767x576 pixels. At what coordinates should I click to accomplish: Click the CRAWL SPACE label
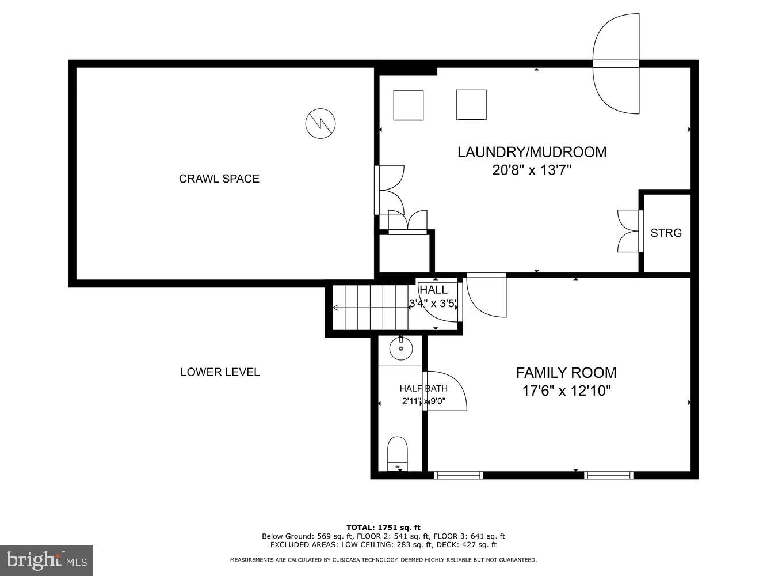click(219, 179)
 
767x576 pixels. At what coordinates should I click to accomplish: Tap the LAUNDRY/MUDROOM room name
click(532, 152)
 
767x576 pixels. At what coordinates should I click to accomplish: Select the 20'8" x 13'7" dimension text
click(532, 170)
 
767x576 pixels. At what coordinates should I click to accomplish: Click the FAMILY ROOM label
click(566, 373)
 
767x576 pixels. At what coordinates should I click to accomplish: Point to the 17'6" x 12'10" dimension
click(566, 391)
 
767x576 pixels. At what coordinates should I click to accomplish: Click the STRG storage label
click(666, 233)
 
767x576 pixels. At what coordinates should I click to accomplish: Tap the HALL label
click(433, 290)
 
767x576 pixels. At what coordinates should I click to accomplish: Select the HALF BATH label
click(423, 388)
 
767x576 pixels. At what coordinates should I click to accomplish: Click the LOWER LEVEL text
click(220, 372)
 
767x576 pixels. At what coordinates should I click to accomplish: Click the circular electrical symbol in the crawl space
click(320, 123)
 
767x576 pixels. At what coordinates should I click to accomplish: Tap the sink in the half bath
click(400, 348)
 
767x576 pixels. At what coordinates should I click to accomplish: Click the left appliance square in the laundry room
click(409, 105)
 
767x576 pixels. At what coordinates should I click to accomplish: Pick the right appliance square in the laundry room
click(471, 105)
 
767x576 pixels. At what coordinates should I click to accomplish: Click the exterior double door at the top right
click(617, 64)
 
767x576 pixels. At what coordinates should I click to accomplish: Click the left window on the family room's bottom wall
click(458, 475)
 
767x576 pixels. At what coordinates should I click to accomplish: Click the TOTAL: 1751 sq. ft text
click(383, 527)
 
